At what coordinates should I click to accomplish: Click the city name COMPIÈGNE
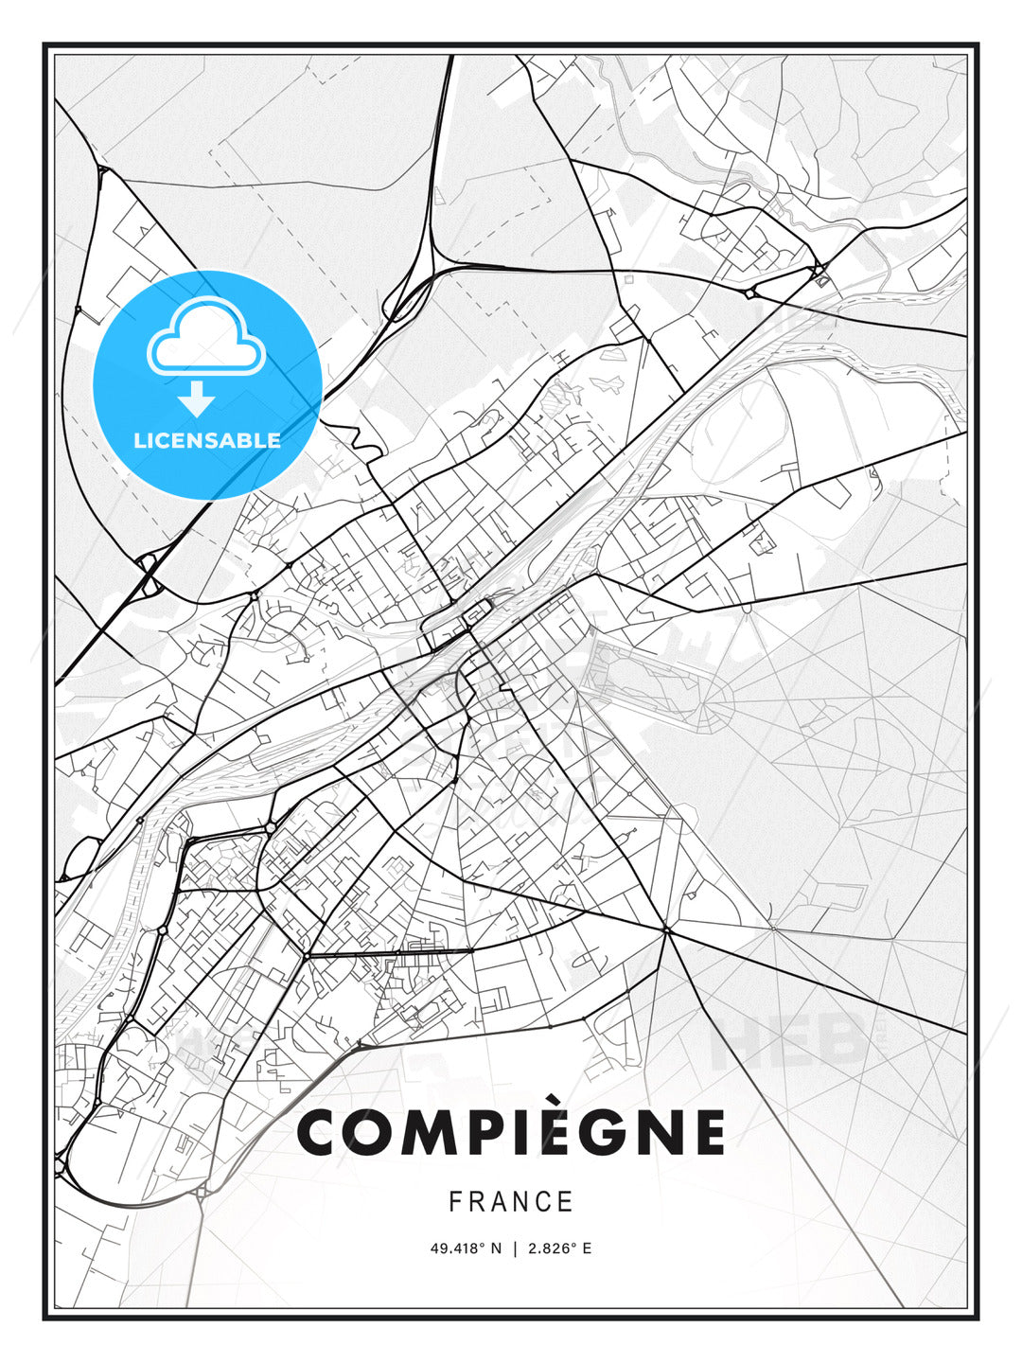point(511,1133)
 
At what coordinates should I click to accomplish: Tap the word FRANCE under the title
point(511,1201)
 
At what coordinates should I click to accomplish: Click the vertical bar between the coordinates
point(515,1248)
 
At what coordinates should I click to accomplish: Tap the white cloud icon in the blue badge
point(206,339)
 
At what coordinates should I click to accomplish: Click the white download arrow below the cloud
point(196,398)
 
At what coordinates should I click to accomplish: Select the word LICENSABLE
point(207,440)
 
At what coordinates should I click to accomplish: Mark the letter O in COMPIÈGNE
point(370,1133)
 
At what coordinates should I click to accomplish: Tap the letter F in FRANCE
point(455,1201)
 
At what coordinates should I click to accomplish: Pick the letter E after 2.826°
point(587,1248)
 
